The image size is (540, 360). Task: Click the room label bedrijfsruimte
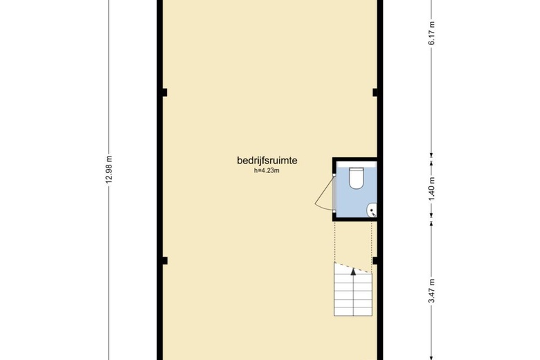267,161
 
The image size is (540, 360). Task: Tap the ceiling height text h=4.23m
267,170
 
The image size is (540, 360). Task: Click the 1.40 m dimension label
432,189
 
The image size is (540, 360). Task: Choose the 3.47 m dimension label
432,291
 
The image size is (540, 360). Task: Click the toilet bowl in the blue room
356,178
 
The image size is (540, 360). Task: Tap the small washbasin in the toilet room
372,210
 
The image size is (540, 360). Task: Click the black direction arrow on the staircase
353,272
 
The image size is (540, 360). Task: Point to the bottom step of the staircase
353,312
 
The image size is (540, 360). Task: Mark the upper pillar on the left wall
165,92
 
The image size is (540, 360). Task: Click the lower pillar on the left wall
165,260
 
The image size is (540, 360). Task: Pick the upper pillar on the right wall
375,92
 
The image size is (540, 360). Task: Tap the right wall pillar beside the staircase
375,260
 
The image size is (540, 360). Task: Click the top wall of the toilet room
355,159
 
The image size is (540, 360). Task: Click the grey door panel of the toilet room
334,193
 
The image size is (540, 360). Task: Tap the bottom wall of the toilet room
355,219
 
